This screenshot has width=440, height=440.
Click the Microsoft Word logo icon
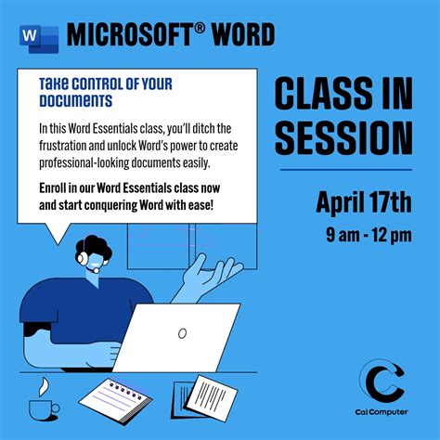37,35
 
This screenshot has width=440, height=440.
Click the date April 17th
363,201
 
